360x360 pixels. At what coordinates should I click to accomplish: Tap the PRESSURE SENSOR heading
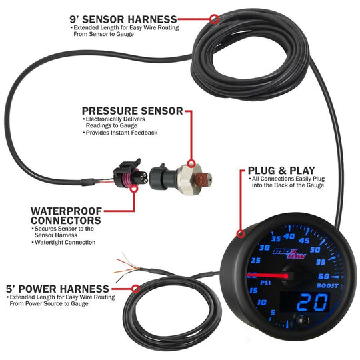coord(132,110)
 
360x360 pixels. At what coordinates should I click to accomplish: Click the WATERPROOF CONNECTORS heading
coord(66,215)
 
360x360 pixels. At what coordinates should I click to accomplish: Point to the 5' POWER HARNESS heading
coord(65,288)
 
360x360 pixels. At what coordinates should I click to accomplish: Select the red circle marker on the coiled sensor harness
coord(213,19)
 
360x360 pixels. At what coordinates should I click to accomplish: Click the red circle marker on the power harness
coord(136,289)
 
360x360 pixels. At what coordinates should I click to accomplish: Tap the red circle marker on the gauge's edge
coord(241,233)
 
